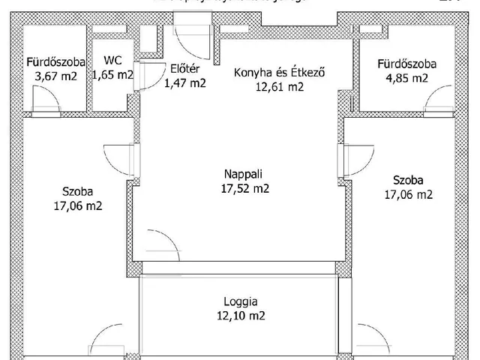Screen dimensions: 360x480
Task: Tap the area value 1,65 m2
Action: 113,75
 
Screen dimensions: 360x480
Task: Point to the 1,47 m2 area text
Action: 184,83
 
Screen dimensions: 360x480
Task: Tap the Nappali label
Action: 239,175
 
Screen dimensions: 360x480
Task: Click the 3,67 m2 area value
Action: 56,76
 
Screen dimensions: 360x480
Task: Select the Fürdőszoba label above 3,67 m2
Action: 56,62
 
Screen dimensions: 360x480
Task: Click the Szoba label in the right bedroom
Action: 407,180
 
